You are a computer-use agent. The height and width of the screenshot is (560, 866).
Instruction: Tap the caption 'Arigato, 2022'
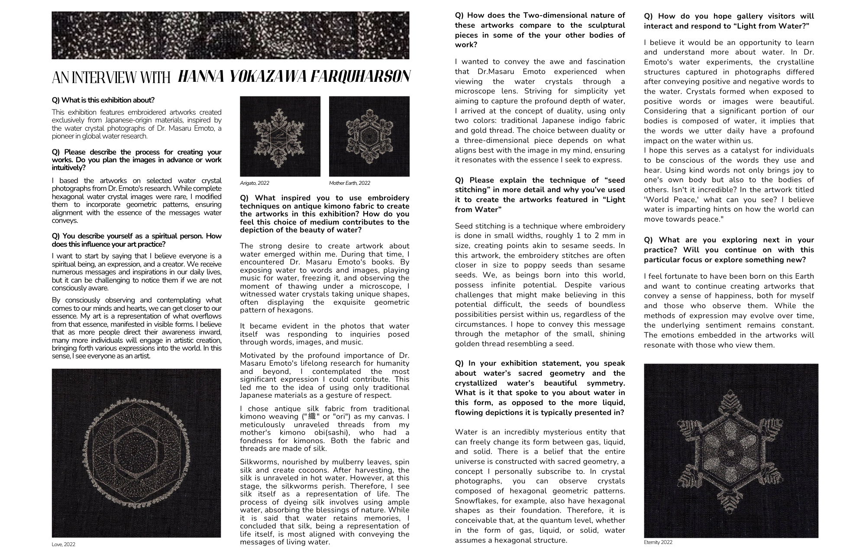(255, 183)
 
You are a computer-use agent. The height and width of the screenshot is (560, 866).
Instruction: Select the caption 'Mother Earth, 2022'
(349, 183)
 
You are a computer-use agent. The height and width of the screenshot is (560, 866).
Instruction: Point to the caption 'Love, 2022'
(63, 544)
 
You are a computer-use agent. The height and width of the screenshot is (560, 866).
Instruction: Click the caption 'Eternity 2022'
(658, 542)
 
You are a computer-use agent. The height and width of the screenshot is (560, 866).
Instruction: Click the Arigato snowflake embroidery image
(280, 136)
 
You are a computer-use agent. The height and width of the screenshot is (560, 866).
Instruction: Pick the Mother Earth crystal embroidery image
(369, 136)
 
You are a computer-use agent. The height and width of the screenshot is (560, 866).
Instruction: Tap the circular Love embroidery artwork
(136, 453)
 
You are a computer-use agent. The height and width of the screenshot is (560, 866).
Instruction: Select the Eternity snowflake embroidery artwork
(731, 451)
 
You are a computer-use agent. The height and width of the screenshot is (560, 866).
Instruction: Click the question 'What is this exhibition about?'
(103, 100)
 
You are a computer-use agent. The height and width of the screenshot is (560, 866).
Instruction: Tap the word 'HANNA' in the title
(200, 77)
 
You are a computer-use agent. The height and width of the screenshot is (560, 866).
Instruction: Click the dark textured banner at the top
(230, 35)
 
